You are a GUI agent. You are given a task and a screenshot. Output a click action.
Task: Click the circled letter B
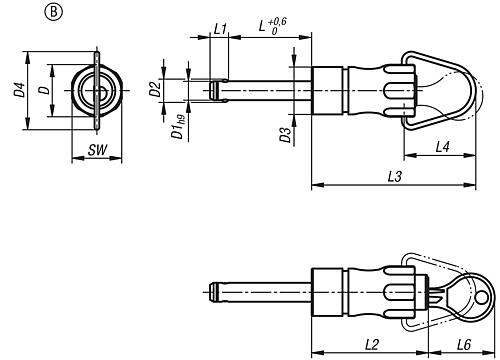point(53,12)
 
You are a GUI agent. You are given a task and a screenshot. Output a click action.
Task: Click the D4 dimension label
point(20,90)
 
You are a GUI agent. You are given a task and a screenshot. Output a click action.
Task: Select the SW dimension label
point(98,150)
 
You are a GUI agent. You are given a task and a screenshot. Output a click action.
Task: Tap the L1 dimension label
point(220,29)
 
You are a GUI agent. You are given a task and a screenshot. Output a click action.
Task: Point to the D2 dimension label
point(155,89)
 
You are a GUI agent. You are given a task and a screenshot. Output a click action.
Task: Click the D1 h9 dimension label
point(178,127)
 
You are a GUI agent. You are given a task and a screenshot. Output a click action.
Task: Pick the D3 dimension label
point(286,135)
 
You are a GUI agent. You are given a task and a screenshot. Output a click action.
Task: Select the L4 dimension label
point(443,147)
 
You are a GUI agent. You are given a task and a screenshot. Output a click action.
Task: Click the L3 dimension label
point(395,177)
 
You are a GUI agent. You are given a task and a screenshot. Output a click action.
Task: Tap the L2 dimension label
point(372,345)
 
